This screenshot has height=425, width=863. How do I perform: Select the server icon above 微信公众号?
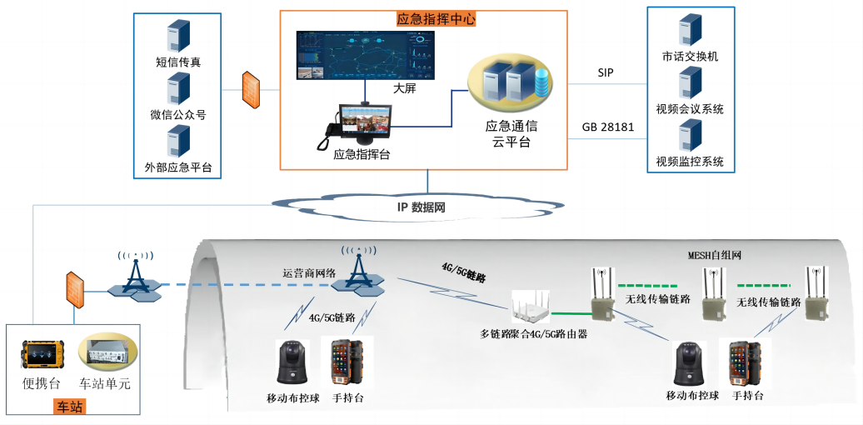coord(178,88)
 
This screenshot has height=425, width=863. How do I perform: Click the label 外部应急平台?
coord(178,167)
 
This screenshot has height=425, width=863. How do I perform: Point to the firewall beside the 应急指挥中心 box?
coord(251,89)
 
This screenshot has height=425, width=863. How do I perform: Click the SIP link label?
coord(606,73)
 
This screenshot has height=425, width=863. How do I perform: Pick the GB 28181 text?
coord(608,127)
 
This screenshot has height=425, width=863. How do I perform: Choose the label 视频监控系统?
coord(690,162)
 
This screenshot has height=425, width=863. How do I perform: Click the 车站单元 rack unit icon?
coord(105,354)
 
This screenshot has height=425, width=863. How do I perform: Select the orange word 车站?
coord(71,407)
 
